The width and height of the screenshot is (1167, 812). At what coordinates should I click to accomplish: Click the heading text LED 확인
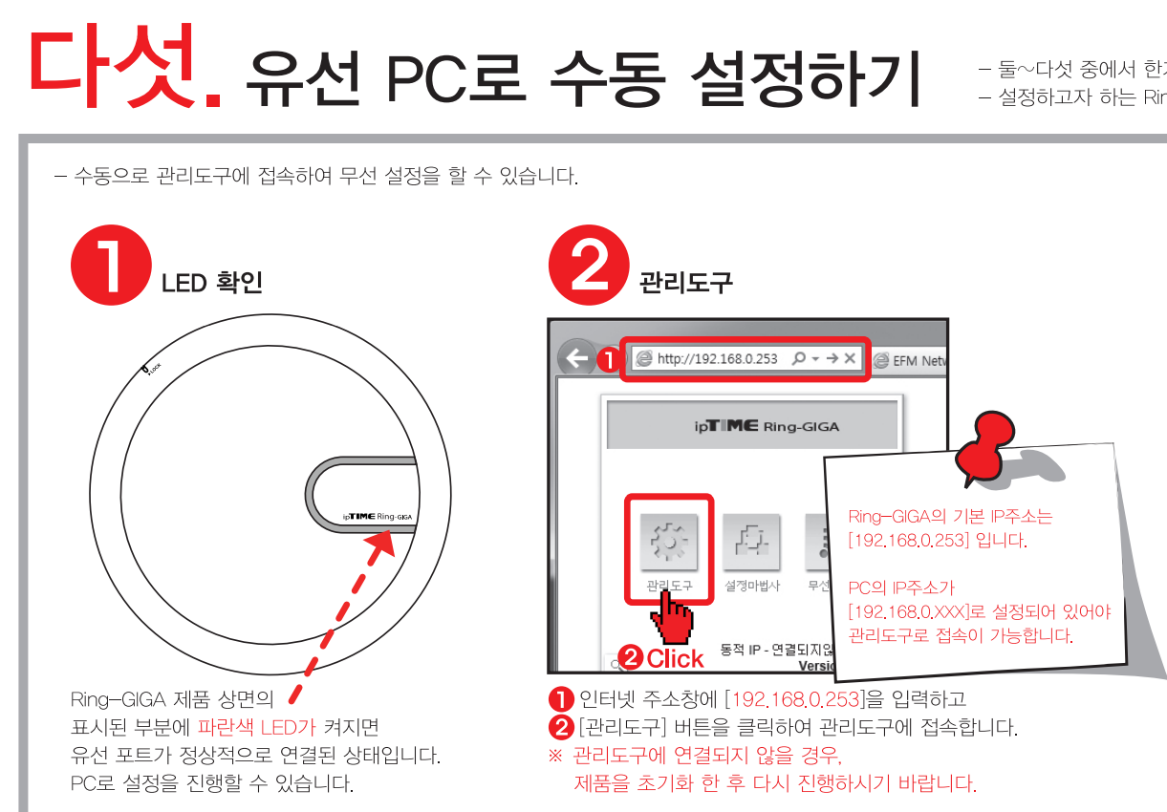pos(211,282)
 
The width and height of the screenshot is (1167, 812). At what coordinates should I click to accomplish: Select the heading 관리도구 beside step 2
pos(685,282)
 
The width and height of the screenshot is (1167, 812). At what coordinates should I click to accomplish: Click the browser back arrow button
pos(576,360)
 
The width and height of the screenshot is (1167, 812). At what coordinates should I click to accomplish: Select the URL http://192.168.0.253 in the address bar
pos(718,359)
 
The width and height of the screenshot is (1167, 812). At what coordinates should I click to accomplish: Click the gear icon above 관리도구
pos(668,541)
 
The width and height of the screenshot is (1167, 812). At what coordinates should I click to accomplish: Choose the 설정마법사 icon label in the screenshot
pos(751,586)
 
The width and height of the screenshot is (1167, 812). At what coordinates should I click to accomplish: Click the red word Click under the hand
pos(674,658)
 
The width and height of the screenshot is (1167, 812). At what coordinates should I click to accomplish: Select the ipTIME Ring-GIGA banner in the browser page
pos(752,425)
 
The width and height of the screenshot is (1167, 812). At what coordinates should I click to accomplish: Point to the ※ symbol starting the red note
pos(554,757)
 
